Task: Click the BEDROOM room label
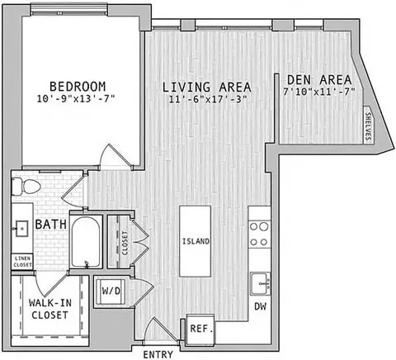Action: pos(78,87)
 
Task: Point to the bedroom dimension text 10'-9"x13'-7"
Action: pos(76,99)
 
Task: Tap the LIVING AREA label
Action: pos(207,87)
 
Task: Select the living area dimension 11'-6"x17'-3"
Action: pos(208,99)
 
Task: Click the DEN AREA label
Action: pos(319,80)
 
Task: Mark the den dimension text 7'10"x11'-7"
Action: pos(319,92)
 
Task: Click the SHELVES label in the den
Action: pos(368,125)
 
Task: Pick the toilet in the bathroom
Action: pos(26,187)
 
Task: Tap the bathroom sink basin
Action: pos(22,229)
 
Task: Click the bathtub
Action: pos(86,242)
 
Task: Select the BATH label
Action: pos(51,225)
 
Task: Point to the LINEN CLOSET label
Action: pos(23,262)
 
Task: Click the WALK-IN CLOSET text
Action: pos(50,309)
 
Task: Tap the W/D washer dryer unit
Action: pos(111,291)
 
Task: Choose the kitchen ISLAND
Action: pos(196,241)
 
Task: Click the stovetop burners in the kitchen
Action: pos(259,234)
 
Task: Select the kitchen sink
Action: pos(260,284)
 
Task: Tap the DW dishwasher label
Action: pos(260,306)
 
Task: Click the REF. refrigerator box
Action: pos(201,329)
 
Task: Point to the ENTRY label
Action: pos(158,354)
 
